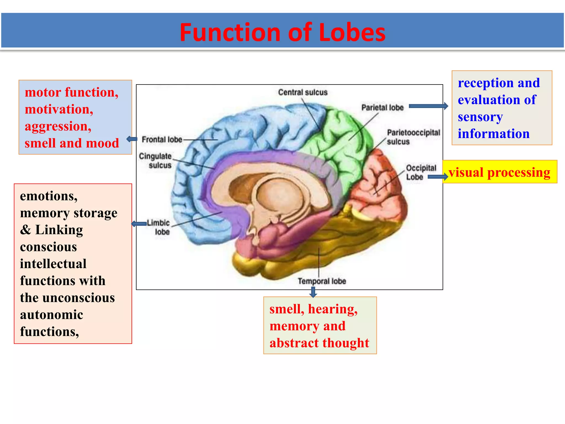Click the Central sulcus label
pyautogui.click(x=303, y=92)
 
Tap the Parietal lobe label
pyautogui.click(x=382, y=107)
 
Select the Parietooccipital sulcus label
pyautogui.click(x=413, y=137)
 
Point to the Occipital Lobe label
pyautogui.click(x=421, y=172)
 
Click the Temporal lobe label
pyautogui.click(x=322, y=281)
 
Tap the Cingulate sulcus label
pyautogui.click(x=155, y=160)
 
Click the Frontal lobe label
pyautogui.click(x=162, y=139)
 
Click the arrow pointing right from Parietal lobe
pyautogui.click(x=428, y=106)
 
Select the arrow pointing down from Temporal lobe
pyautogui.click(x=313, y=292)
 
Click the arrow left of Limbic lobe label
pyautogui.click(x=139, y=224)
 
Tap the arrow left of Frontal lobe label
pyautogui.click(x=132, y=139)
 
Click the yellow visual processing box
pyautogui.click(x=499, y=172)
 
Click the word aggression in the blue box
pyautogui.click(x=58, y=126)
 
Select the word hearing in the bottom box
pyautogui.click(x=332, y=309)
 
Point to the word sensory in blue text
pyautogui.click(x=480, y=117)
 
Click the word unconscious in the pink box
pyautogui.click(x=79, y=298)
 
